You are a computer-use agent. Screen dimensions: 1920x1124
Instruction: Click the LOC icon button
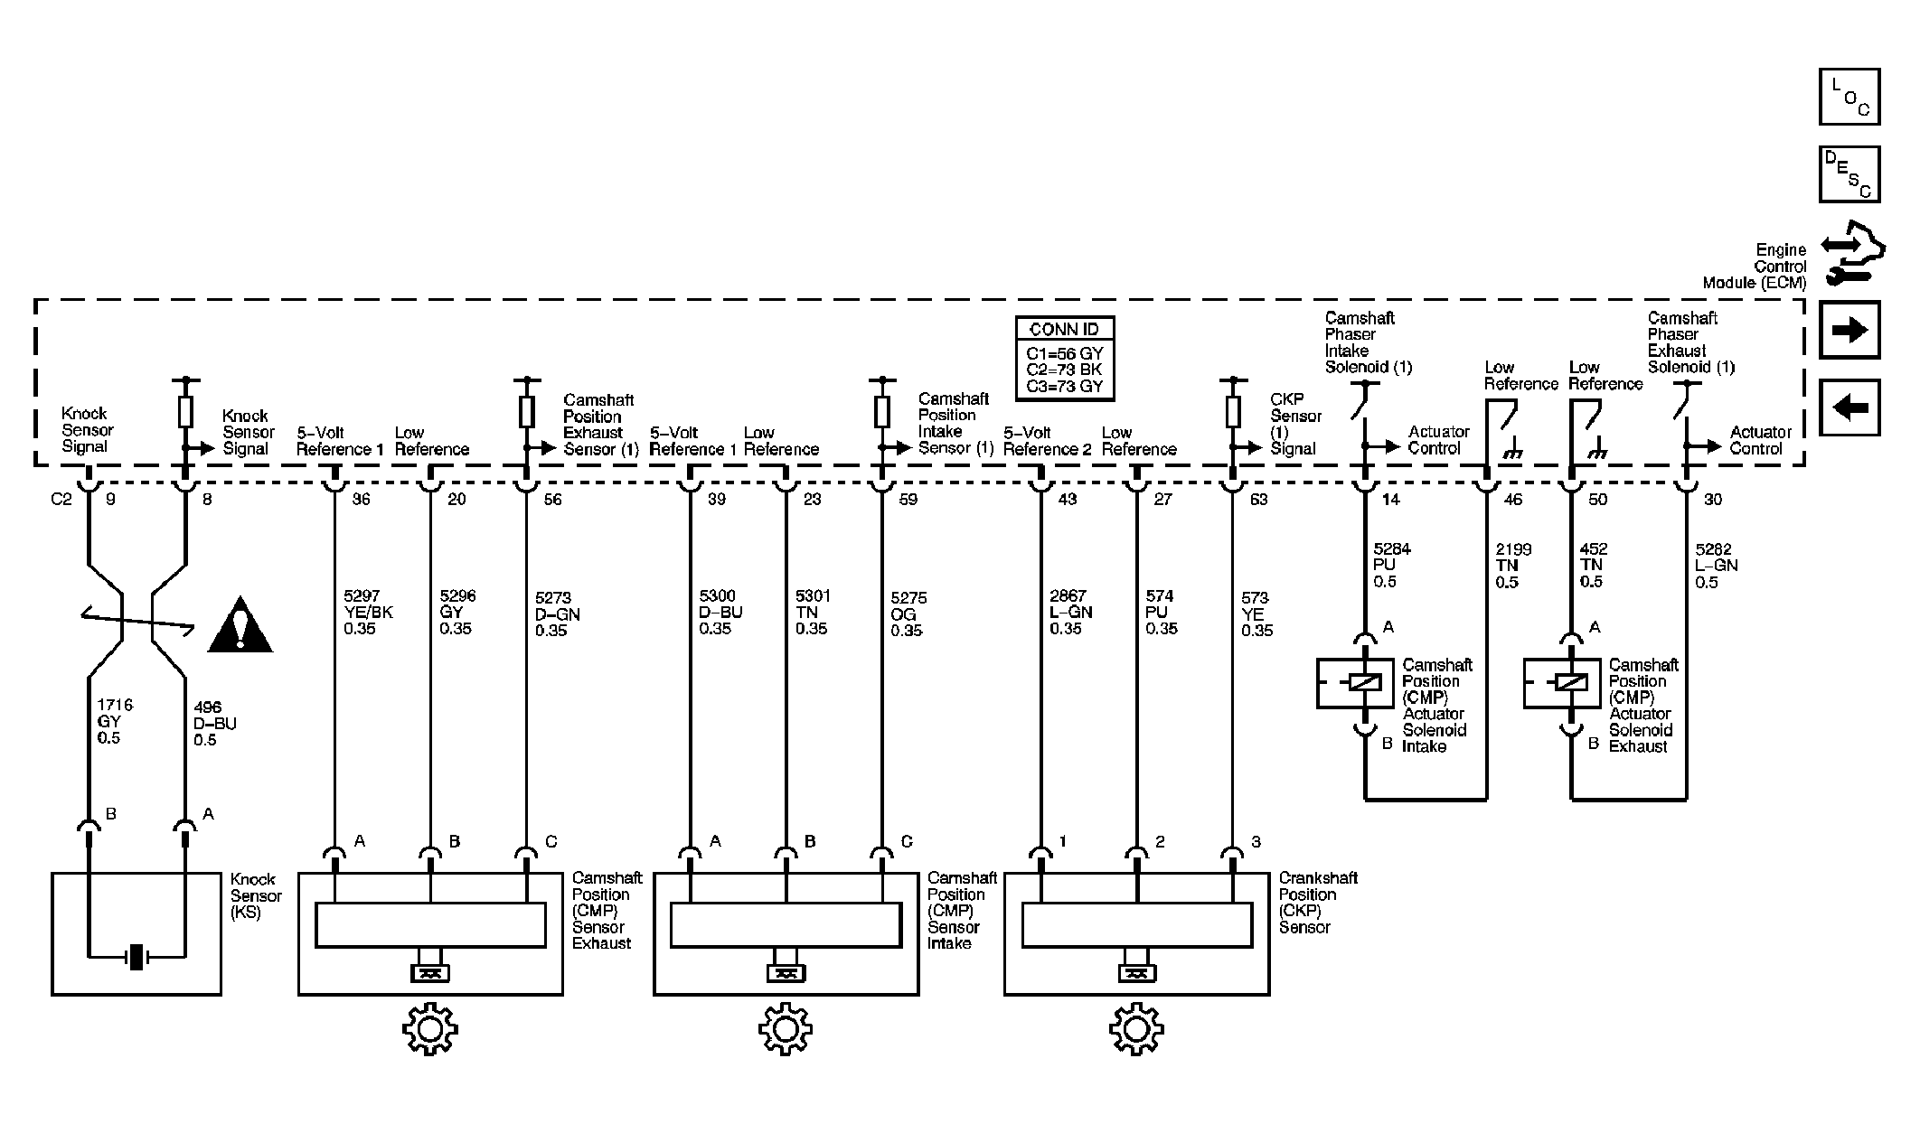pos(1849,96)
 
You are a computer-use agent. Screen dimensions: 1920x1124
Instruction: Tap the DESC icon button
pos(1849,174)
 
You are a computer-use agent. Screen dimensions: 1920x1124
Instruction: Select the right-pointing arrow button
pos(1849,330)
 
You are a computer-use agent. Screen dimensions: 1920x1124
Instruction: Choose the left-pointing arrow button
pos(1849,407)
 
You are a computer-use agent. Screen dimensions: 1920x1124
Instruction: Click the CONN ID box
pos(1065,359)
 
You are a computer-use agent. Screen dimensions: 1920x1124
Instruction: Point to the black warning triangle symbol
pos(240,624)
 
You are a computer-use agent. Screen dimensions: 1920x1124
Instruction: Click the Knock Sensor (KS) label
pos(256,895)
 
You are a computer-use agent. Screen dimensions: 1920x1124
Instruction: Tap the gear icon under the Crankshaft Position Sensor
pos(1136,1028)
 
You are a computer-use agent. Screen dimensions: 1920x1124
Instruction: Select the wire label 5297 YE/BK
pos(368,612)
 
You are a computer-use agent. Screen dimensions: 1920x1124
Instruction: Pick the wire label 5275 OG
pos(908,614)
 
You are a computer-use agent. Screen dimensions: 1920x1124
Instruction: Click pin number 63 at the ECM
pos(1258,499)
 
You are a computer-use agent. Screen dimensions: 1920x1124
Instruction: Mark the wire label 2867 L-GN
pos(1070,612)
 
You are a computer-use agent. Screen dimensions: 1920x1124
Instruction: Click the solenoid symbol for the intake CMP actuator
pos(1365,683)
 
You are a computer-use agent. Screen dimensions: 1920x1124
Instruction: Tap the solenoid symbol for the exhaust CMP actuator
pos(1572,683)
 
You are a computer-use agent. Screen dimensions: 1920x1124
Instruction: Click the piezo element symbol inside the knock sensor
pos(136,956)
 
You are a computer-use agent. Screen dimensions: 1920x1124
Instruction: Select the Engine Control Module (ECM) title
pos(1756,267)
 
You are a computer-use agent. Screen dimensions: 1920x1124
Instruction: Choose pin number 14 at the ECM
pos(1390,499)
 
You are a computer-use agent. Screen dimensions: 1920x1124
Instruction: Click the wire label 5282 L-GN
pos(1716,566)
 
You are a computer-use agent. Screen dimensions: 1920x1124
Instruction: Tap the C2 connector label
pos(61,499)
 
